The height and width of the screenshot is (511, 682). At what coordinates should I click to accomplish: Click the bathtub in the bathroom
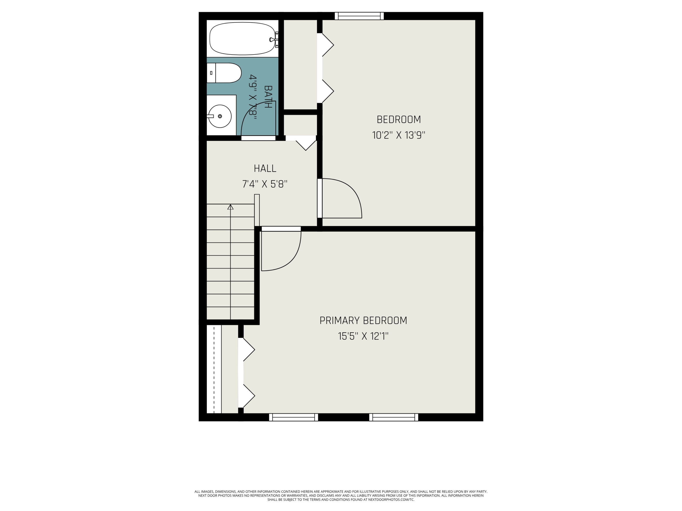pyautogui.click(x=242, y=39)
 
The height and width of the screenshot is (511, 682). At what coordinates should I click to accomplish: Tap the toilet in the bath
pyautogui.click(x=224, y=73)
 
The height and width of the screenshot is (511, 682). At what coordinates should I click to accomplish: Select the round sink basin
pyautogui.click(x=220, y=116)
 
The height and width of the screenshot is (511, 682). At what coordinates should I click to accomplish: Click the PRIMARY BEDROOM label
pyautogui.click(x=363, y=321)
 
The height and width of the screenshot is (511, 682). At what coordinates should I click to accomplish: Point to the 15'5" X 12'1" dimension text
pyautogui.click(x=363, y=336)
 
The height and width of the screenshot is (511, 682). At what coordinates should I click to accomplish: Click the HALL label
pyautogui.click(x=265, y=168)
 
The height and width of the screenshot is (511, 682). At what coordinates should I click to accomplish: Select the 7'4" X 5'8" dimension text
pyautogui.click(x=265, y=184)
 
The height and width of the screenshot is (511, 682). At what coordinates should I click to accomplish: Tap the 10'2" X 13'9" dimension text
pyautogui.click(x=399, y=135)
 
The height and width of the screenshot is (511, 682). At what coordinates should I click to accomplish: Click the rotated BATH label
pyautogui.click(x=268, y=97)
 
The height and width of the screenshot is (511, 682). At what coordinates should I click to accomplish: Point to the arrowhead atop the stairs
pyautogui.click(x=230, y=207)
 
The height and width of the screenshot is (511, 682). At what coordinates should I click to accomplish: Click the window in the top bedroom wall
pyautogui.click(x=359, y=16)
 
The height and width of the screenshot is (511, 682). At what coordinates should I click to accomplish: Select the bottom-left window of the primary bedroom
pyautogui.click(x=294, y=417)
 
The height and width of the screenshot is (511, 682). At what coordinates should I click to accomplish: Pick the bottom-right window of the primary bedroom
pyautogui.click(x=394, y=417)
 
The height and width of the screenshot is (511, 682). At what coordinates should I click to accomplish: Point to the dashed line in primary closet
pyautogui.click(x=214, y=369)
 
